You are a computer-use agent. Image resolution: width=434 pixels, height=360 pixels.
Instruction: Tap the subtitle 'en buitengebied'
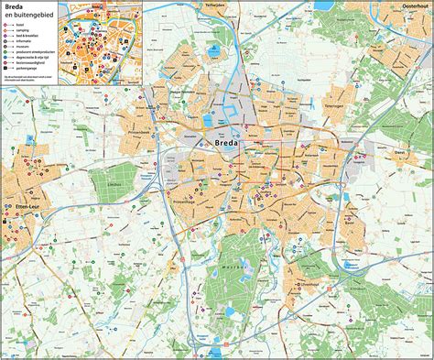[x=26, y=16]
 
